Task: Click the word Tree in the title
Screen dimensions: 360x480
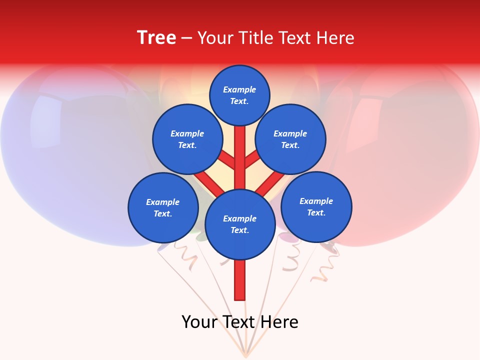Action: [x=156, y=38]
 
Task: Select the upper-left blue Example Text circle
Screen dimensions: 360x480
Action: [x=187, y=139]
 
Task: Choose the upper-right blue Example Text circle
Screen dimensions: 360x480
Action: [x=290, y=139]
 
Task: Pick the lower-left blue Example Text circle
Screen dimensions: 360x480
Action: [x=163, y=208]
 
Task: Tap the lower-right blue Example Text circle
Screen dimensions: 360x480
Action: [x=316, y=207]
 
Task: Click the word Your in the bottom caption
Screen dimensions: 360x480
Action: [x=198, y=322]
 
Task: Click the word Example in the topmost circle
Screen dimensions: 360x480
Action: [x=239, y=90]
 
